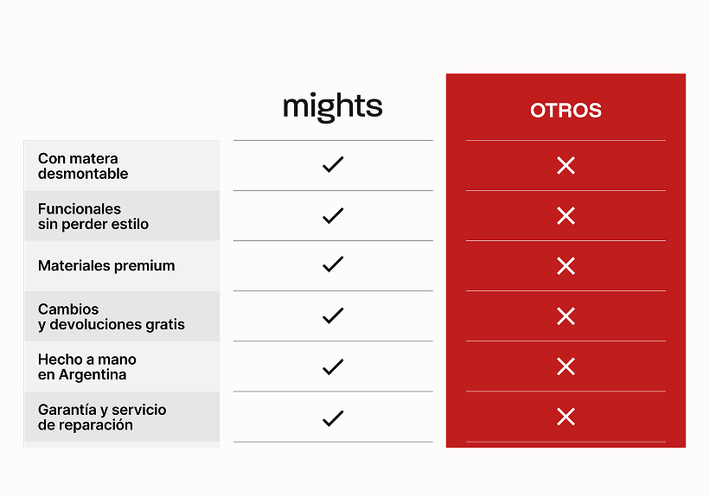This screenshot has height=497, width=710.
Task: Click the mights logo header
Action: point(333,107)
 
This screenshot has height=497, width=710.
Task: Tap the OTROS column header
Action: point(566,111)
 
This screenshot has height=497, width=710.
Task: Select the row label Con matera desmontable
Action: point(83,166)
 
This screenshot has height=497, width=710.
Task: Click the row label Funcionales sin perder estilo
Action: point(93,216)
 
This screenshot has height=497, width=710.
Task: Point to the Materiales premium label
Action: point(106,265)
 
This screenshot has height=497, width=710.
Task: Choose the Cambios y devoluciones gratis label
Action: point(112,317)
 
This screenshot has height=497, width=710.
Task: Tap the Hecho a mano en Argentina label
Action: point(87,367)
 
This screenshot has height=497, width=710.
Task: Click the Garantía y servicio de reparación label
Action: point(102,417)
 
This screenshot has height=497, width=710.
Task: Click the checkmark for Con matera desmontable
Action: point(333,165)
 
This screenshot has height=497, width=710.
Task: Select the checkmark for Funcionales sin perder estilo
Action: point(333,215)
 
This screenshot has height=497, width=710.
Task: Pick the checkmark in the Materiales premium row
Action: point(333,264)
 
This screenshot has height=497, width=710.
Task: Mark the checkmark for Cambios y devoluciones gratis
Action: point(333,315)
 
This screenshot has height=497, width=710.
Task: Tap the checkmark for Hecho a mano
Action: point(333,366)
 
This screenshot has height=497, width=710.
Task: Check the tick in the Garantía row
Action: point(333,418)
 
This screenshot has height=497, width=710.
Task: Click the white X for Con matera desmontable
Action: point(566,166)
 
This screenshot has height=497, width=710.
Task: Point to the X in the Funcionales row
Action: point(566,216)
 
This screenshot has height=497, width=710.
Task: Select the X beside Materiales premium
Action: point(566,266)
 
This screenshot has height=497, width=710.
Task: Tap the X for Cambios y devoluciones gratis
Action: point(566,316)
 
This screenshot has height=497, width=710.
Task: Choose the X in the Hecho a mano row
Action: point(566,366)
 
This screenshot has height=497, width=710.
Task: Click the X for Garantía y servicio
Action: point(566,417)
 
